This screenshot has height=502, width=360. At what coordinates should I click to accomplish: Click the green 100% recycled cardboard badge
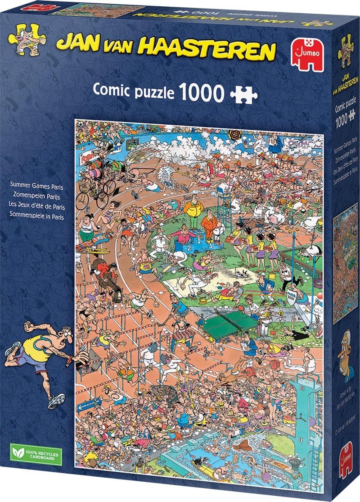35,453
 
